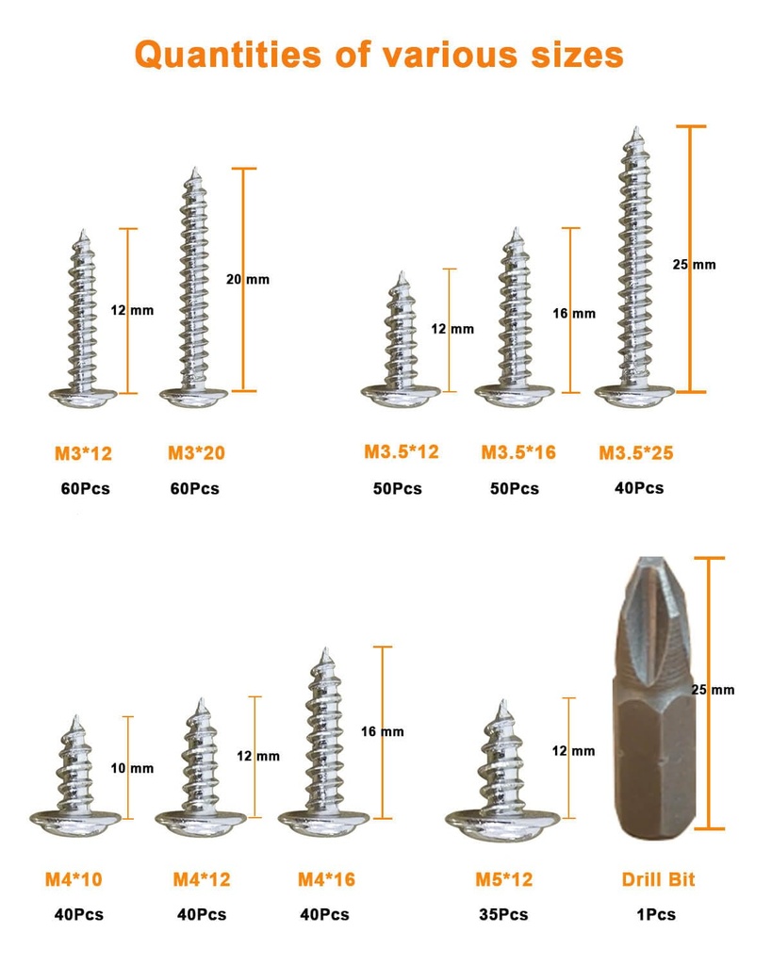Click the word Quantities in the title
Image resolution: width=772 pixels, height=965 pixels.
pos(228,55)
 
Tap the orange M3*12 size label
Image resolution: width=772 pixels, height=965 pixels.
pos(83,454)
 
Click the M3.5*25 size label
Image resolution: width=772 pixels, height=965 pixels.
pos(636,453)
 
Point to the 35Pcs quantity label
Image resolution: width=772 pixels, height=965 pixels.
pos(503,914)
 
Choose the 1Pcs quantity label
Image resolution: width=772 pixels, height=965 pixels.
pos(658,914)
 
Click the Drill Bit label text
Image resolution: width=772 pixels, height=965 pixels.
pos(658,879)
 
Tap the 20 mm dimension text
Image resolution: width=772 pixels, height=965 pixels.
pos(248,280)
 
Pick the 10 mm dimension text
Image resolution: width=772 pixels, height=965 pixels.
pos(132,768)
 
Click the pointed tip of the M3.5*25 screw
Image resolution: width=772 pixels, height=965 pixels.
pos(636,129)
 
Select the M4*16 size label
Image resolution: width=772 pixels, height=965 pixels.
pos(326,879)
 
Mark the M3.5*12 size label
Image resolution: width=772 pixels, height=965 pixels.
pos(402,452)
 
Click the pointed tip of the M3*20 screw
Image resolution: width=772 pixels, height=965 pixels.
pos(195,172)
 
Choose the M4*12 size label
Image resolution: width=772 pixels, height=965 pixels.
pos(201,879)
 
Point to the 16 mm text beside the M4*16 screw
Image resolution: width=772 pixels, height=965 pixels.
pos(383,731)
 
